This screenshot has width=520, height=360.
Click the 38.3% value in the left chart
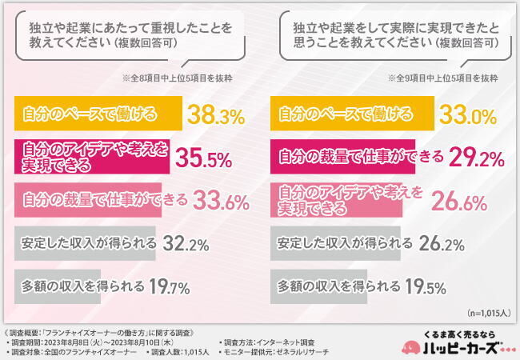click(x=215, y=117)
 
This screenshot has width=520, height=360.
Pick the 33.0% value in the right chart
click(x=470, y=117)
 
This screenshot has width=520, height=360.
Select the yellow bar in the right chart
click(x=353, y=113)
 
